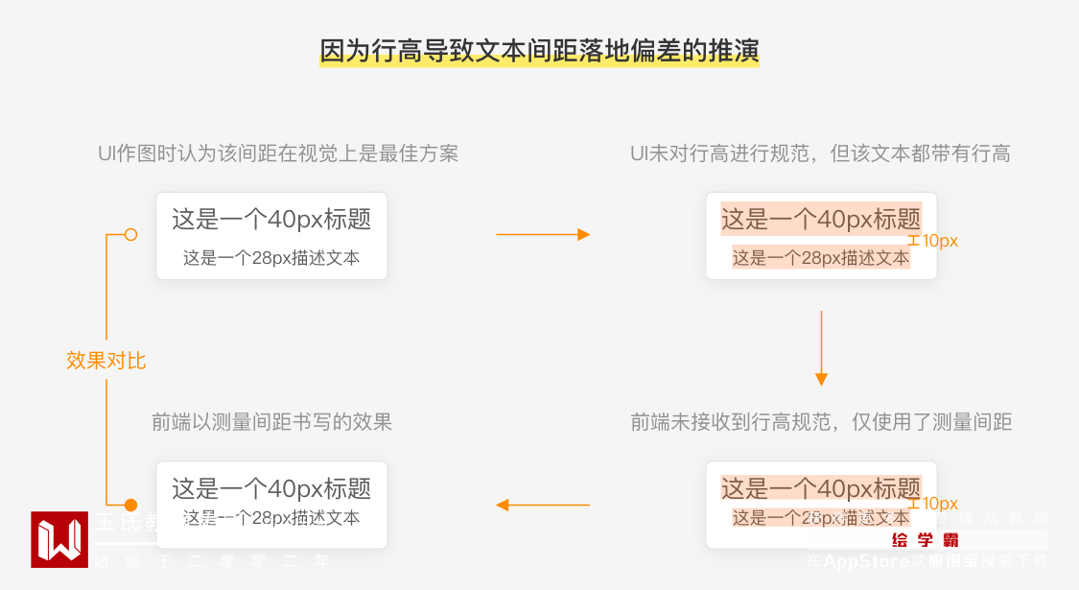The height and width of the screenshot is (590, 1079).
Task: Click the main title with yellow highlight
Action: click(x=539, y=51)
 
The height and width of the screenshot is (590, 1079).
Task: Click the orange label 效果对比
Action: click(x=106, y=361)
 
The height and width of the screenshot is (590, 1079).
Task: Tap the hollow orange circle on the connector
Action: click(x=131, y=234)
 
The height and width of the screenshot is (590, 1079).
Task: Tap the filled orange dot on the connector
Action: click(x=131, y=505)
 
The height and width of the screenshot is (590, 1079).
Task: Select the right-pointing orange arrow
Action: click(x=543, y=234)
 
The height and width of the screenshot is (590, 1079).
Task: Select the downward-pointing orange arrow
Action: click(x=821, y=347)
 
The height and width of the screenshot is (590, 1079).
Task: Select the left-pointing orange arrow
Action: click(x=543, y=505)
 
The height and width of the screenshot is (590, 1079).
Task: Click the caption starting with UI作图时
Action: click(x=278, y=153)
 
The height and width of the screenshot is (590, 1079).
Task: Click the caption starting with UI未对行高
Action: click(x=820, y=153)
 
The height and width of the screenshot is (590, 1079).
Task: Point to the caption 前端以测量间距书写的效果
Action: click(x=272, y=422)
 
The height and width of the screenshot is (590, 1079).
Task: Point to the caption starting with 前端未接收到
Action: click(x=821, y=422)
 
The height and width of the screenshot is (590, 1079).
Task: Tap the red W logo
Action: click(x=59, y=539)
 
